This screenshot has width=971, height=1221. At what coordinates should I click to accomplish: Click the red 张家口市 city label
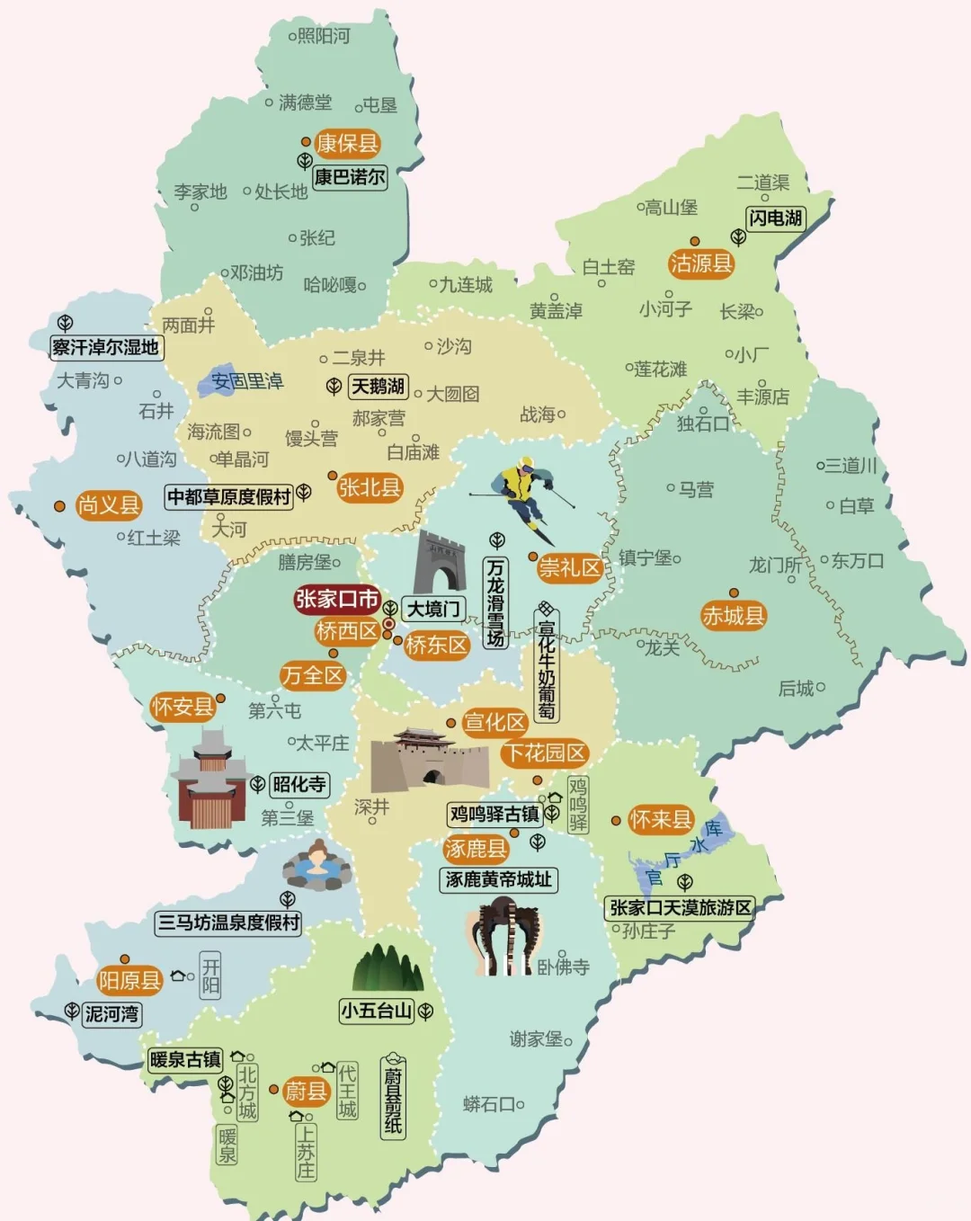(337, 599)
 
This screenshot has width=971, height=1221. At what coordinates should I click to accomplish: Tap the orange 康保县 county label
(347, 144)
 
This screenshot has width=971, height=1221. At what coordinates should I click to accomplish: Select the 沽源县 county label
(700, 263)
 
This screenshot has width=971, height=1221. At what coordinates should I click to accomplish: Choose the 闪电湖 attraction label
(775, 218)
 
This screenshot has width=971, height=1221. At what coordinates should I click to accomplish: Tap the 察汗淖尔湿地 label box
(106, 347)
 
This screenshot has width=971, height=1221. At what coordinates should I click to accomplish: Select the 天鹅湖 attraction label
(378, 387)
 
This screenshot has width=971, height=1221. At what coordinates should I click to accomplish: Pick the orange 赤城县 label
(733, 616)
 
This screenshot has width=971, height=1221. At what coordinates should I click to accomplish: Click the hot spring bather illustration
(316, 864)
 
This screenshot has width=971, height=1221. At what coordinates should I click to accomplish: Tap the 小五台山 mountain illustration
(388, 967)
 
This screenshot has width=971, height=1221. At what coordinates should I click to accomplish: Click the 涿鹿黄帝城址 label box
(499, 879)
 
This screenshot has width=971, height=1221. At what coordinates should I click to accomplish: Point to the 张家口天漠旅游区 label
(681, 907)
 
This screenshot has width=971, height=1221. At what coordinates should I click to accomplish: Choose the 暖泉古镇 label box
(185, 1060)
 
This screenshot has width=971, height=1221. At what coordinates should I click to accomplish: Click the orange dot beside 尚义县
(59, 506)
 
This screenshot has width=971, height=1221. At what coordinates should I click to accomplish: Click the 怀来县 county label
(660, 820)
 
